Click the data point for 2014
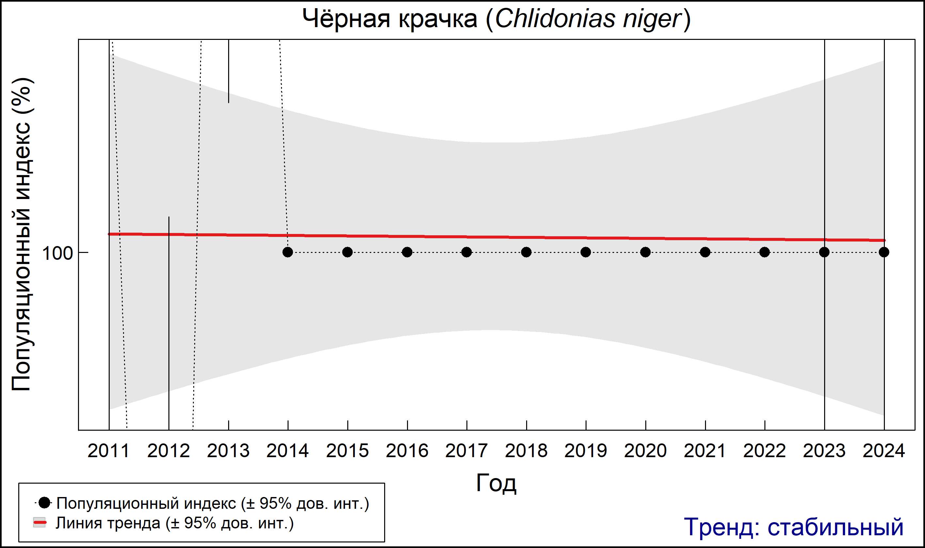(x=288, y=252)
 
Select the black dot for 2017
(x=466, y=252)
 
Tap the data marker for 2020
(x=645, y=252)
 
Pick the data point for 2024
(x=884, y=252)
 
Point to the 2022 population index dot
(x=764, y=252)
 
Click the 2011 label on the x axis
(x=109, y=451)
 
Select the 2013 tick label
(x=228, y=451)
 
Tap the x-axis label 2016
(x=407, y=451)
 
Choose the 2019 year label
(x=586, y=451)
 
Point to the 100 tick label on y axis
(x=57, y=253)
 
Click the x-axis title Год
(x=496, y=483)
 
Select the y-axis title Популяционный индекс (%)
(x=22, y=235)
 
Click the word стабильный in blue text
(x=835, y=527)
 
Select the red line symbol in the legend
(x=40, y=523)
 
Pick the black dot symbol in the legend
(x=44, y=503)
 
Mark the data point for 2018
(x=526, y=252)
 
